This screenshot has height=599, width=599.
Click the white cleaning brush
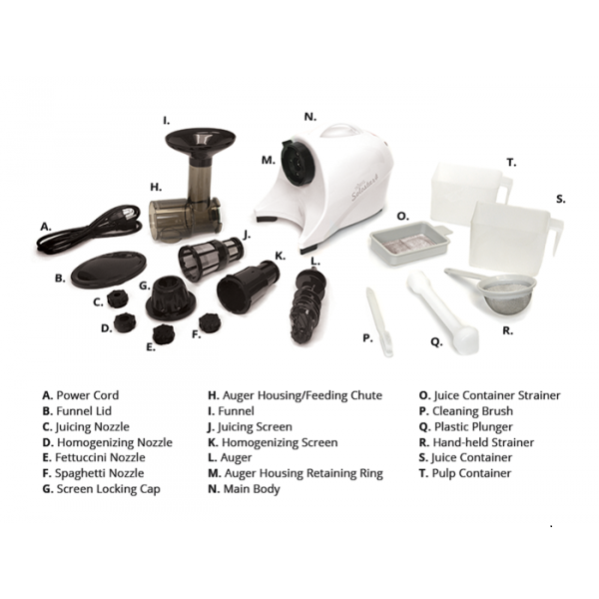[x=379, y=322]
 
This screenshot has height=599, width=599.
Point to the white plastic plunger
[x=442, y=312]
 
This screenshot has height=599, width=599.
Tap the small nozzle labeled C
[x=117, y=299]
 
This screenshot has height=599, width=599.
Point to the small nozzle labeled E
[x=163, y=334]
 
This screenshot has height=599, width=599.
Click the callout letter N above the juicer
[x=310, y=117]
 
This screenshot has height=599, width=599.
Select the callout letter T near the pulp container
[x=511, y=163]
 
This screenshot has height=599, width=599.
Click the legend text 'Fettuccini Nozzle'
[x=100, y=457]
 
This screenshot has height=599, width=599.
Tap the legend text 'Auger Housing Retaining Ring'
[x=303, y=473]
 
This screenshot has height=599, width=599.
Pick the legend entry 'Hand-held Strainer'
[x=483, y=442]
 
